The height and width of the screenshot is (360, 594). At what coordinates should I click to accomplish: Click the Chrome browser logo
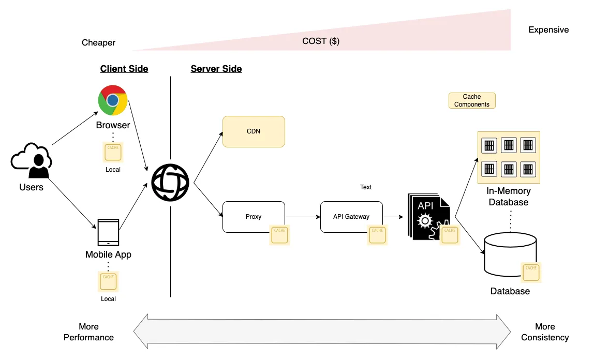point(113,100)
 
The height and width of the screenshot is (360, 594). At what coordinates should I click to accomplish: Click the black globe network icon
point(170,184)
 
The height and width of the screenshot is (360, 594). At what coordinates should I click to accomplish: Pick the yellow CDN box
point(254,131)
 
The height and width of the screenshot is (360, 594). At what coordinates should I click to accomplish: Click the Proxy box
point(254,217)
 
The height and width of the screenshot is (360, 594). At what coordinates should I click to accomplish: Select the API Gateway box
point(351,217)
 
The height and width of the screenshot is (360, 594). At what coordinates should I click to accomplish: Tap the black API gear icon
point(427,216)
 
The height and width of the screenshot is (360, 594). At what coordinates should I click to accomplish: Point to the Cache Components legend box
point(472,100)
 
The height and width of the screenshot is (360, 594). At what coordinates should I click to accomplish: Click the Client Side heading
point(124,69)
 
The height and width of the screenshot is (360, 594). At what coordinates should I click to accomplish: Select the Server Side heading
point(216,69)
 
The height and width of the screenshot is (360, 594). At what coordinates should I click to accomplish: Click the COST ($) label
point(321,41)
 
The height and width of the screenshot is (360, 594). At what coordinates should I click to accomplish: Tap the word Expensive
point(548,30)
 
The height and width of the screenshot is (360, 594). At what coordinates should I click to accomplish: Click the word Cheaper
point(98,42)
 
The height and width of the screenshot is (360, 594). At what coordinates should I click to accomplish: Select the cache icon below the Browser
point(112,153)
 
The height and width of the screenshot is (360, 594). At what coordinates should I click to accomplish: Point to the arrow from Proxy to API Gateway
point(302,217)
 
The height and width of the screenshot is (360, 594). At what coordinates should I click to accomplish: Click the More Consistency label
point(545,332)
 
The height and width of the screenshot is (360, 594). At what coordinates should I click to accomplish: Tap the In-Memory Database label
point(509,197)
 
